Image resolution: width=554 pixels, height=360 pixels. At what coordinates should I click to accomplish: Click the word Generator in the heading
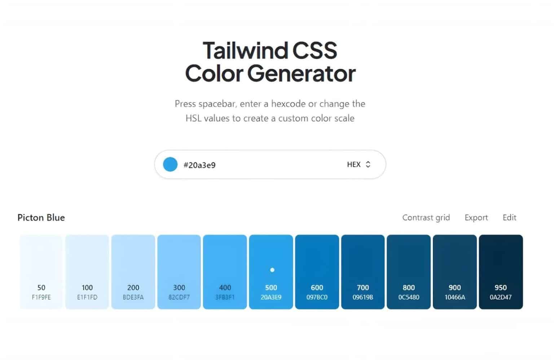(302, 74)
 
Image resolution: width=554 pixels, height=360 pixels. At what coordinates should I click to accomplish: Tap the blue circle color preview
(170, 164)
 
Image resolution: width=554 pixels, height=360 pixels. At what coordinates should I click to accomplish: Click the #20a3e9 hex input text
(199, 165)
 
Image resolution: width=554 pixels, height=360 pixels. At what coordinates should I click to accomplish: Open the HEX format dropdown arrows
(368, 164)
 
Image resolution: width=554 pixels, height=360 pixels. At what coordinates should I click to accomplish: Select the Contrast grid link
(426, 218)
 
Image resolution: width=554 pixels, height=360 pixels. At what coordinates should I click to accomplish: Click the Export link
(476, 218)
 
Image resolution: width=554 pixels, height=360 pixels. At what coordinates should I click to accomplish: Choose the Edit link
(510, 218)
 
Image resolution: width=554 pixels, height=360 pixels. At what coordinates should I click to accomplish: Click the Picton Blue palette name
(41, 218)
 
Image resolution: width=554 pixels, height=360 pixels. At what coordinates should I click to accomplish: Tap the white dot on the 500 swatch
(272, 270)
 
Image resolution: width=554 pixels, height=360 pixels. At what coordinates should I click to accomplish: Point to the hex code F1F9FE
(41, 297)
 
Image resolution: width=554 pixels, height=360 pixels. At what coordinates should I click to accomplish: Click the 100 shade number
(87, 287)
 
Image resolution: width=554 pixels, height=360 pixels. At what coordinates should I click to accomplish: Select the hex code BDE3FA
(133, 297)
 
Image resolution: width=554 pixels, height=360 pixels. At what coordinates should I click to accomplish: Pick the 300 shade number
(179, 287)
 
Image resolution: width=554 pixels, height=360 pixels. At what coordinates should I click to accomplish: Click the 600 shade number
(317, 287)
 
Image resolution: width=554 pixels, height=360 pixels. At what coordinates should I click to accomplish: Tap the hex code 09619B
(363, 297)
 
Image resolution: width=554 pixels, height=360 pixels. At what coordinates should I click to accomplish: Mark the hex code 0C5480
(409, 297)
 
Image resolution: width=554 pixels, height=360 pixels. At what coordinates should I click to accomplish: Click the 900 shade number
(454, 287)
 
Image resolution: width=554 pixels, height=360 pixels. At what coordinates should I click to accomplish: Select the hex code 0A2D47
(501, 297)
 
